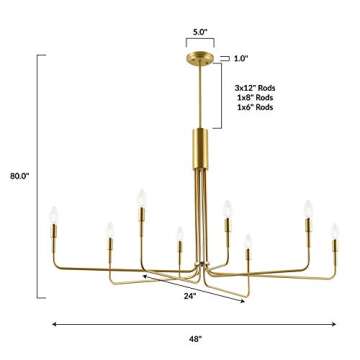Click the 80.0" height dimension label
[19, 175]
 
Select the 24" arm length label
[190, 295]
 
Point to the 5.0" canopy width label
[200, 32]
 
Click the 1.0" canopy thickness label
[240, 58]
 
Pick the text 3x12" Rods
[254, 88]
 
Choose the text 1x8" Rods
[254, 98]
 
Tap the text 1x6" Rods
[254, 107]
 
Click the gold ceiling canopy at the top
[201, 58]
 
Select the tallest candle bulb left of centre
[141, 197]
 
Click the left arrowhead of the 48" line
[53, 323]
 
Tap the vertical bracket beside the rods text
[223, 97]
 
